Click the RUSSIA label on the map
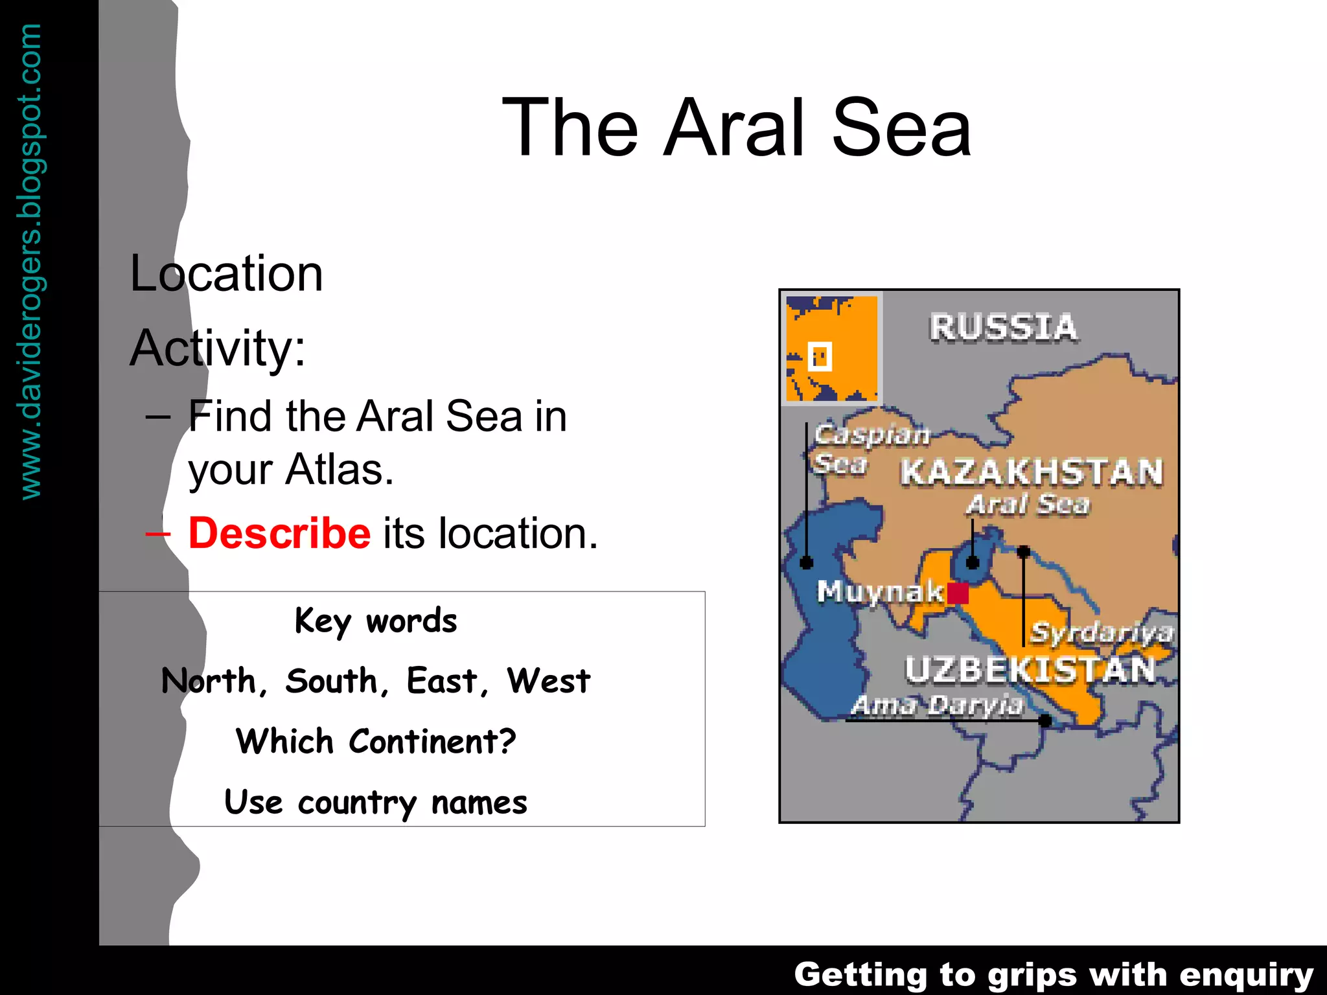1004,327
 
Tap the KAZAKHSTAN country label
1032,472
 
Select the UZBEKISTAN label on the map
1030,670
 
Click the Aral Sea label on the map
1028,505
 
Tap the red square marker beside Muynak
958,593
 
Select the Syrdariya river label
1102,632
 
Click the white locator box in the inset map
820,356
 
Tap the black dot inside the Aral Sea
973,562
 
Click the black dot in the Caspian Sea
807,562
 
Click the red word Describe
279,533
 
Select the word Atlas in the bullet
340,470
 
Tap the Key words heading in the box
376,621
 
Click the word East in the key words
442,681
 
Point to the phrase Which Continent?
376,741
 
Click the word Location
226,273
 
